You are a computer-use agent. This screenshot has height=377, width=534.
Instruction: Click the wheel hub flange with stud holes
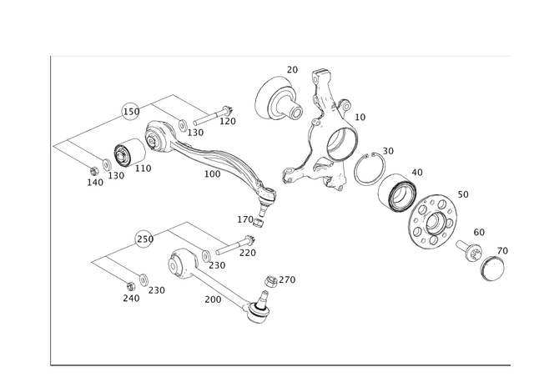(434, 221)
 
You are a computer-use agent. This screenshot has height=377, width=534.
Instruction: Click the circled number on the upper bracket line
(129, 109)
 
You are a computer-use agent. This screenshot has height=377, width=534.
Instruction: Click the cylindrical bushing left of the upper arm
(125, 153)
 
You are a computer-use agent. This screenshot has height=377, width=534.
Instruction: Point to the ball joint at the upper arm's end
(269, 198)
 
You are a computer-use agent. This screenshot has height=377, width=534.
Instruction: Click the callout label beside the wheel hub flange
(465, 194)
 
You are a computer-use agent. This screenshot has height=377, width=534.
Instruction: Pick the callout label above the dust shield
(292, 66)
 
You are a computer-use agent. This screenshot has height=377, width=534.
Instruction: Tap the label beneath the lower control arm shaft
(214, 299)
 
